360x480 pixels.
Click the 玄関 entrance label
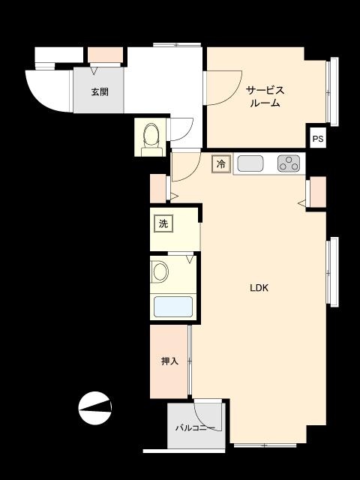pos(100,92)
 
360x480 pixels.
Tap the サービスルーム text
pos(265,97)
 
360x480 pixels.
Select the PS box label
pos(318,139)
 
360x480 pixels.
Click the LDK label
pos(259,288)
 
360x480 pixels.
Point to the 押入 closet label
pos(169,361)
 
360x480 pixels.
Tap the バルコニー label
pos(195,428)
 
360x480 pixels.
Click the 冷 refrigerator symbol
pos(220,163)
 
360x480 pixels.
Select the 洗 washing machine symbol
pos(163,223)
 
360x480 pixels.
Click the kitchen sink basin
pos(250,163)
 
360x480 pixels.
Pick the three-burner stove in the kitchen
pos(289,163)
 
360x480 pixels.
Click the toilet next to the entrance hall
pos(152,136)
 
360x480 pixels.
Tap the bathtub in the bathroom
pos(173,307)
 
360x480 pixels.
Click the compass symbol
pos(95,409)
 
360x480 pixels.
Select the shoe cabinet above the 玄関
pos(105,55)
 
